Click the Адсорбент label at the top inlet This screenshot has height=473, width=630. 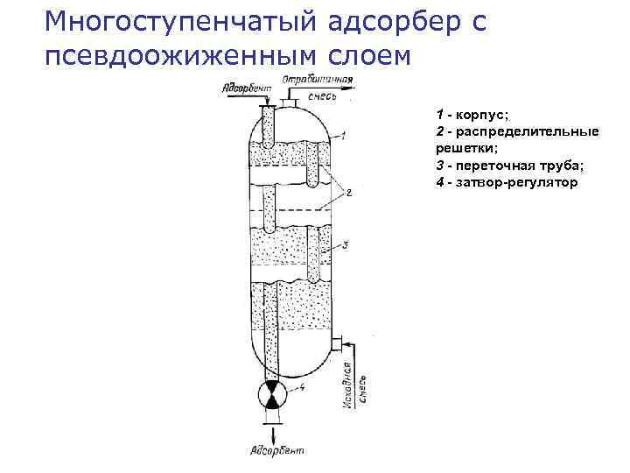coord(248,88)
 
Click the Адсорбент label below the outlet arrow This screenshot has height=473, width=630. coord(276,450)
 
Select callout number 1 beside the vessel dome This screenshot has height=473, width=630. coord(344,135)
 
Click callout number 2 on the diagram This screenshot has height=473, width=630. coord(348,194)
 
